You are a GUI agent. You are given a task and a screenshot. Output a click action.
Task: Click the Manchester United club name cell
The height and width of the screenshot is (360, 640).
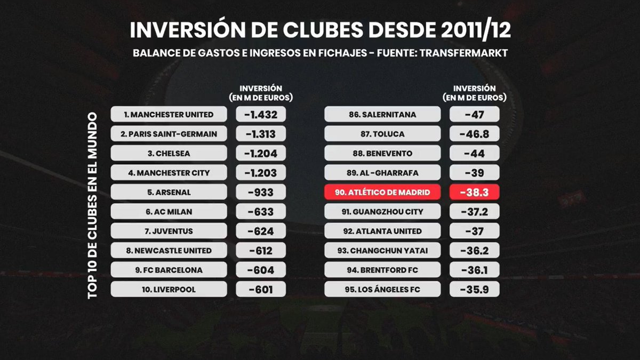click(169, 115)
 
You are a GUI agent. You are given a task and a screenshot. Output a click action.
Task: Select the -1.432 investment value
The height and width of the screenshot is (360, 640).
click(260, 115)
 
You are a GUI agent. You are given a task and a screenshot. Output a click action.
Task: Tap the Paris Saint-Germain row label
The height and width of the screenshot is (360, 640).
click(169, 134)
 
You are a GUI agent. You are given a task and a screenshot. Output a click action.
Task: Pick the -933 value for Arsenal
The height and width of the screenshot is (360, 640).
click(260, 192)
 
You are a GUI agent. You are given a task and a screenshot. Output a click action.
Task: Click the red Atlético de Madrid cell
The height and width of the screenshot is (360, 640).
click(382, 192)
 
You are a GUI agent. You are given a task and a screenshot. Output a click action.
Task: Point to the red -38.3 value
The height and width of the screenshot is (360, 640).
click(474, 192)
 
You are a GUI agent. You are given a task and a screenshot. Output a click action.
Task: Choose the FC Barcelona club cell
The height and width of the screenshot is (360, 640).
click(169, 270)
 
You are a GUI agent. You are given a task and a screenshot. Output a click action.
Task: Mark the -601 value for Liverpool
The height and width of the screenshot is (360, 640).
click(260, 290)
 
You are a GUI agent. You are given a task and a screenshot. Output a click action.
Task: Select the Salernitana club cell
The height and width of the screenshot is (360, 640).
click(382, 115)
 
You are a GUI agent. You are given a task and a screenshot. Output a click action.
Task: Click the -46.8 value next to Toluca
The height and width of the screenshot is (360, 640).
click(474, 134)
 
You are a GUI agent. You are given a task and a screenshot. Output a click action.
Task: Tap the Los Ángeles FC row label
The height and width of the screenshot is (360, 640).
click(382, 290)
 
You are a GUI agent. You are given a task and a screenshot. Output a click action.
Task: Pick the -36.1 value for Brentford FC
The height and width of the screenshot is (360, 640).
click(474, 270)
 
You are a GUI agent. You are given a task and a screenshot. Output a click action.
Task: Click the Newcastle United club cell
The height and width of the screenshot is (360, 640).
click(169, 251)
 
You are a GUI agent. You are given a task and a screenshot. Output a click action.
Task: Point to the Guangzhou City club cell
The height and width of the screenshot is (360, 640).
click(382, 212)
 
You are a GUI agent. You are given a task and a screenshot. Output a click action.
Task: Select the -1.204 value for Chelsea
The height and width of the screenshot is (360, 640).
click(260, 154)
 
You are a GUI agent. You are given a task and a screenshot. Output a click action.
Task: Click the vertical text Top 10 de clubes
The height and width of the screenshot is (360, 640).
click(92, 205)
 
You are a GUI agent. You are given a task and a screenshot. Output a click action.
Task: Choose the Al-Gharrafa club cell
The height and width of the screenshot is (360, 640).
click(382, 173)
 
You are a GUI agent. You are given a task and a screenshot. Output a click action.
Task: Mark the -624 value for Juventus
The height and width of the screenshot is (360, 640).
click(260, 231)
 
